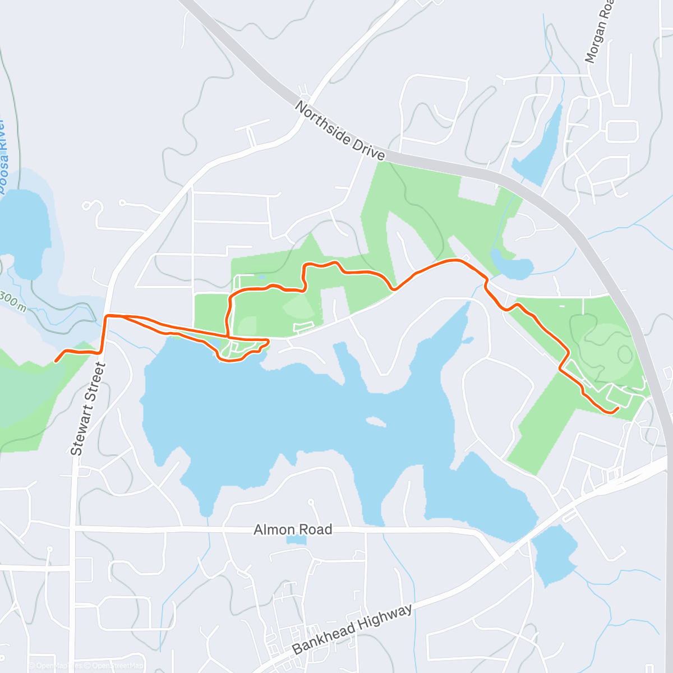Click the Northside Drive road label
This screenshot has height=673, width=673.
[x=340, y=131]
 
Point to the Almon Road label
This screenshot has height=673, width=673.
[x=293, y=529]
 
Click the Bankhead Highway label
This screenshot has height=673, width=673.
[x=352, y=629]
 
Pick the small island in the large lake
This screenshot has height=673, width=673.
[x=375, y=421]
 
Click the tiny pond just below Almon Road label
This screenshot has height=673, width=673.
[x=297, y=540]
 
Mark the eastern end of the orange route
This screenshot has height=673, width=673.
[x=617, y=409]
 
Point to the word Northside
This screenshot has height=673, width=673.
[x=323, y=121]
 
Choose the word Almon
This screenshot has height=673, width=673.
[x=273, y=529]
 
